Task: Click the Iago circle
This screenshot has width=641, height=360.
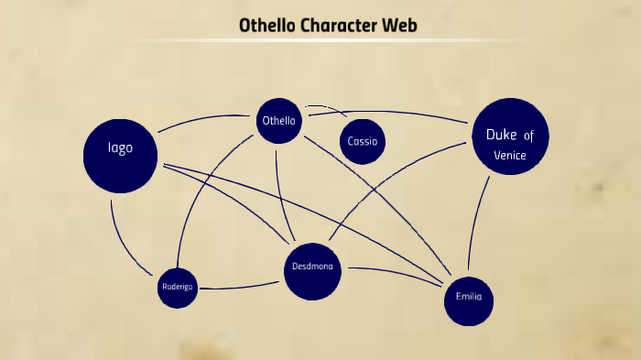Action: (121, 154)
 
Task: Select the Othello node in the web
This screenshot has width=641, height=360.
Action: (278, 121)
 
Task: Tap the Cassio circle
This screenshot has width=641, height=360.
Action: (363, 142)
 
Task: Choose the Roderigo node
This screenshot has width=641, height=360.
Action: (178, 287)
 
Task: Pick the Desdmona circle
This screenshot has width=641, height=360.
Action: (312, 271)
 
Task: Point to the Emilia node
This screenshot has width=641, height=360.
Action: (468, 298)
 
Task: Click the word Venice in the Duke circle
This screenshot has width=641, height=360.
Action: (510, 156)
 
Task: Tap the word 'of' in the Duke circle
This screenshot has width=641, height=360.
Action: (528, 136)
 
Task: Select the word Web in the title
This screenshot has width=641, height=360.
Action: (403, 26)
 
